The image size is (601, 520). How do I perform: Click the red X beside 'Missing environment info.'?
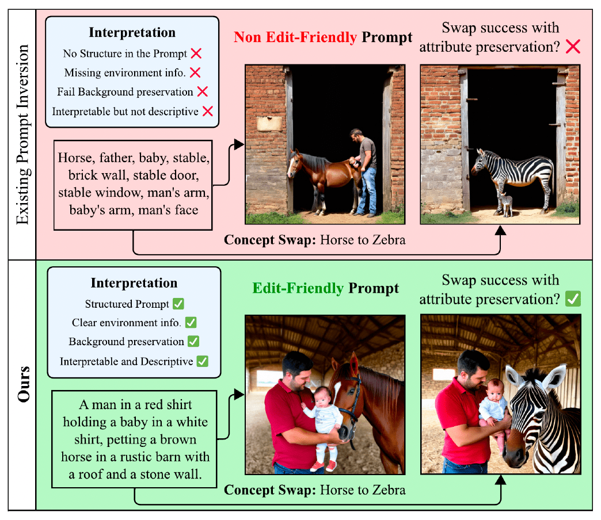[195, 73]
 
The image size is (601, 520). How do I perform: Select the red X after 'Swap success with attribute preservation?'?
[572, 47]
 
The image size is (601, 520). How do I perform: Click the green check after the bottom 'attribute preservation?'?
[573, 299]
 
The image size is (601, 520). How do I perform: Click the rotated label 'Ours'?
[22, 384]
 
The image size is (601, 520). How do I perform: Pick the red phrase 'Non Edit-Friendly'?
[295, 38]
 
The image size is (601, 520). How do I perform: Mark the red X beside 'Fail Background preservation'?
[201, 92]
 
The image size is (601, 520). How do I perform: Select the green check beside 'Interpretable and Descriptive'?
[202, 362]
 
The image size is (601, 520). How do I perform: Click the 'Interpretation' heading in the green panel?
[134, 283]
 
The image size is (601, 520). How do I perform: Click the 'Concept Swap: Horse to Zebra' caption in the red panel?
[314, 240]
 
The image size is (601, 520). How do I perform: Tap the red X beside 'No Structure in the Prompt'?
[196, 54]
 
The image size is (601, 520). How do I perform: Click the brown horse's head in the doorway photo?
[295, 164]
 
